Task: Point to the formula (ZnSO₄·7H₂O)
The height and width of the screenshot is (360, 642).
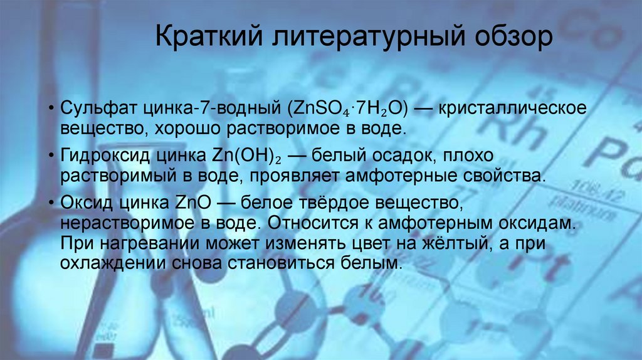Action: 348,108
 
